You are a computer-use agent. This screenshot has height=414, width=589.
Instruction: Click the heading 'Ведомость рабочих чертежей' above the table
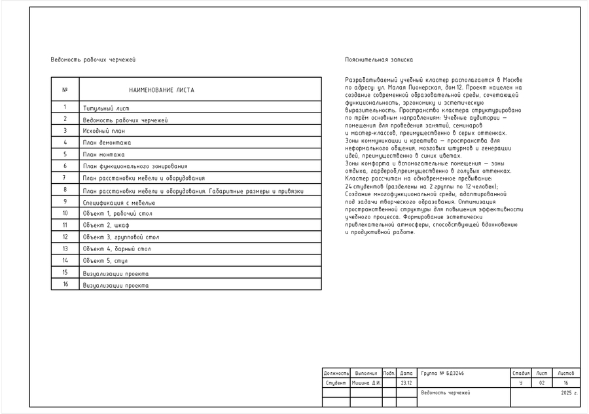point(93,60)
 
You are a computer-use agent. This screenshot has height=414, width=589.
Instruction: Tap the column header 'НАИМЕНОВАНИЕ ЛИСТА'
point(161,90)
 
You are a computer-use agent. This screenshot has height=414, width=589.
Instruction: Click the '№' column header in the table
point(65,90)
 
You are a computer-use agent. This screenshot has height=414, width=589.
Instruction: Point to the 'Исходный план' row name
point(103,131)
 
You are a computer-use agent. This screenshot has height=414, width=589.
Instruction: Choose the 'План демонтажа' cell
point(107,143)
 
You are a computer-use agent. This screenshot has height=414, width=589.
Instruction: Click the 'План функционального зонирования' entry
point(135,166)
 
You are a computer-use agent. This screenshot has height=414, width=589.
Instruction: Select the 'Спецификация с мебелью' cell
point(118,203)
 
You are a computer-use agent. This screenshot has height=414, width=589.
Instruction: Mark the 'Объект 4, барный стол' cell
point(116,249)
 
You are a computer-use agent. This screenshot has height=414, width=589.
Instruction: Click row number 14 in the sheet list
point(65,260)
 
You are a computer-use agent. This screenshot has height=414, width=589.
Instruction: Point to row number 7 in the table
point(65,178)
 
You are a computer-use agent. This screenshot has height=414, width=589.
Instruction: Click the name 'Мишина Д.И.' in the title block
point(366,383)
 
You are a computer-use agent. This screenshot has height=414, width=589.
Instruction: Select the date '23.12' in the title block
point(406,383)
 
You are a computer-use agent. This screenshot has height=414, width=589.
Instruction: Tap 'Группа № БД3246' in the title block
point(442,373)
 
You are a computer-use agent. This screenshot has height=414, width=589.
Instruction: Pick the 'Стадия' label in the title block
point(521,373)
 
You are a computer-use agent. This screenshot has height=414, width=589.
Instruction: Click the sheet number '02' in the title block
point(541,383)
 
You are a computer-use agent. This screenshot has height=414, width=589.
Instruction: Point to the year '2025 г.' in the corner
point(569,393)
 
